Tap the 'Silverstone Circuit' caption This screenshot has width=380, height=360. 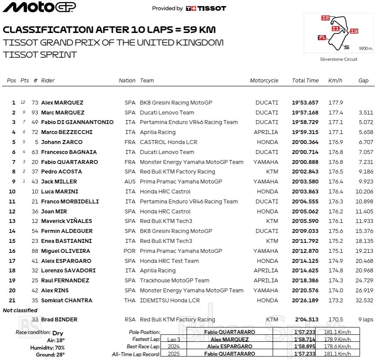click(338, 59)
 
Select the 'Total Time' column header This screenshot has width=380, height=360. click(305, 81)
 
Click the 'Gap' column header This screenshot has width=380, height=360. click(363, 81)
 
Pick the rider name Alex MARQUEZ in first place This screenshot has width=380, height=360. click(62, 103)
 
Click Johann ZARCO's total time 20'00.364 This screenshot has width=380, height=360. click(305, 142)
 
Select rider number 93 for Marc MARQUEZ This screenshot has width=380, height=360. click(35, 113)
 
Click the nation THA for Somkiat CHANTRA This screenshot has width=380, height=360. click(130, 301)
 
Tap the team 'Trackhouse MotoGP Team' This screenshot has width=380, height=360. click(174, 281)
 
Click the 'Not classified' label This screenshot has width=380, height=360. click(20, 311)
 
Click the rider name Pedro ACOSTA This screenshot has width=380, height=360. click(61, 172)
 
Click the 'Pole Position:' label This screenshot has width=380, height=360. click(144, 332)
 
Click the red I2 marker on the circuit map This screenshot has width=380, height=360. click(325, 18)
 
